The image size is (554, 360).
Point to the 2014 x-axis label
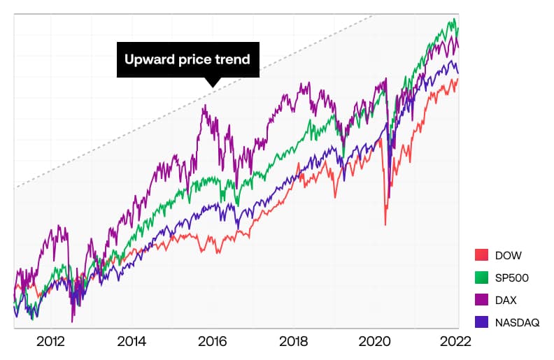(132, 342)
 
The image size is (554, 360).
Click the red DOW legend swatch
(481, 255)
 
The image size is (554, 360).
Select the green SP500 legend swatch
(481, 278)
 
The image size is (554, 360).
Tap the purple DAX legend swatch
(481, 300)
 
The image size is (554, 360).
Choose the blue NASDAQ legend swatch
(481, 322)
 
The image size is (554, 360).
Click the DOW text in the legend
(508, 255)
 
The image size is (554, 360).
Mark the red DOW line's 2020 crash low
(385, 224)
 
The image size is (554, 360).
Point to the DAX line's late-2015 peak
(205, 106)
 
